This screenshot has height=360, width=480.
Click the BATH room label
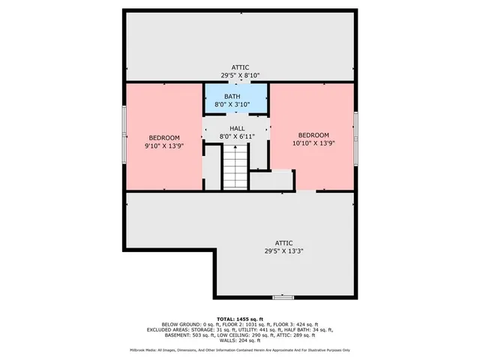[x=232, y=97]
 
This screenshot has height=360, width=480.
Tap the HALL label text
[x=237, y=128]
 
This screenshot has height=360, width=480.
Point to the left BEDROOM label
[x=163, y=137]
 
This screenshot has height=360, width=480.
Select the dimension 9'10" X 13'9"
[x=163, y=145]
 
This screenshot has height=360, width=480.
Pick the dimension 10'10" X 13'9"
[x=312, y=142]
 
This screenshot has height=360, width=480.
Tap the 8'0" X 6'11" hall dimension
[x=237, y=136]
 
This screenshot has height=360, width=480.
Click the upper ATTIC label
[x=240, y=67]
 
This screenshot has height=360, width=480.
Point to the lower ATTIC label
[x=283, y=242]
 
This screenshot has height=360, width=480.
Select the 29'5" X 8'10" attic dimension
[x=240, y=76]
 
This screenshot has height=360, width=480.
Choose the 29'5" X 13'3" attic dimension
[x=283, y=251]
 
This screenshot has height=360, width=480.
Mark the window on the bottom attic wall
[x=283, y=297]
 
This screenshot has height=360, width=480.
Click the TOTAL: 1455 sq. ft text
[x=240, y=319]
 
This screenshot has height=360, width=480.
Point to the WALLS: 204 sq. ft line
[x=240, y=341]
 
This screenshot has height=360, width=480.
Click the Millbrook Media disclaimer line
[x=240, y=350]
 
